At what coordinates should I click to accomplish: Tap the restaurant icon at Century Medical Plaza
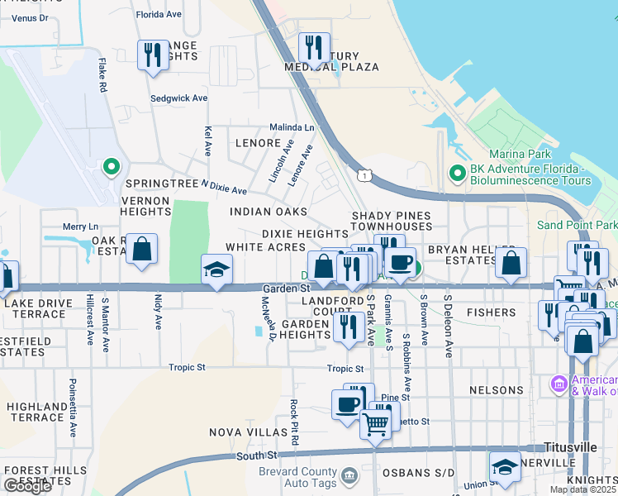314,48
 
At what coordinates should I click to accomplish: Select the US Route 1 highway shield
364,175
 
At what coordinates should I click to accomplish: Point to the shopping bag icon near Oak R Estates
142,250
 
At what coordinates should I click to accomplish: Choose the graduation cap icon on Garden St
217,269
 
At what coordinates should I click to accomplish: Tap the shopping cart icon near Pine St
376,426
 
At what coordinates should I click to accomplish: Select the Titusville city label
570,446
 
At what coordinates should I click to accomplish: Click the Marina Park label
519,154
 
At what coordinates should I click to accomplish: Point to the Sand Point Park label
577,225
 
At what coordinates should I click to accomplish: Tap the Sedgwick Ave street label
178,98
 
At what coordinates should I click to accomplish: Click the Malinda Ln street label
292,128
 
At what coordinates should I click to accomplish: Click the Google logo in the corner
27,485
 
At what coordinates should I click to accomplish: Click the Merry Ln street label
80,227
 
